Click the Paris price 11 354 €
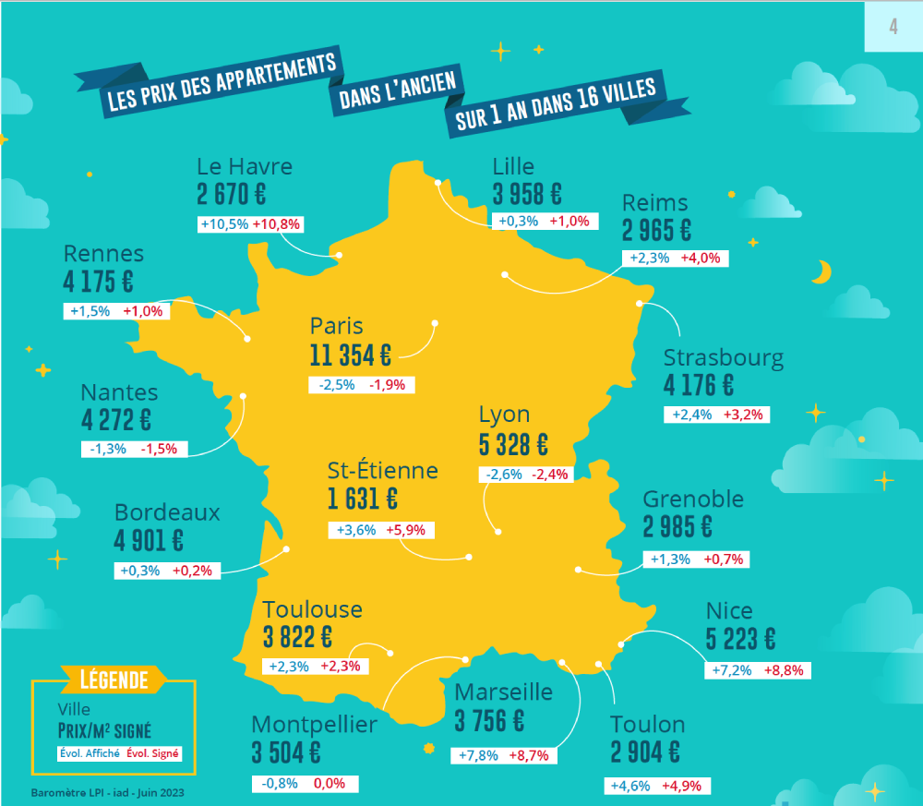pyautogui.click(x=351, y=355)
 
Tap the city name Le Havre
pyautogui.click(x=244, y=167)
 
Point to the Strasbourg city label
pyautogui.click(x=723, y=358)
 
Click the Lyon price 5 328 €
pyautogui.click(x=513, y=445)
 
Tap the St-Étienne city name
pyautogui.click(x=382, y=471)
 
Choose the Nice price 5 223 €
pyautogui.click(x=740, y=639)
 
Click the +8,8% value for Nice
pyautogui.click(x=785, y=670)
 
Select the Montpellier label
pyautogui.click(x=314, y=724)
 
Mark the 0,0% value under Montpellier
pyautogui.click(x=329, y=784)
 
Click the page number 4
pyautogui.click(x=893, y=27)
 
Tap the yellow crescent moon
pyautogui.click(x=821, y=271)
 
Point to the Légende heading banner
pyautogui.click(x=114, y=680)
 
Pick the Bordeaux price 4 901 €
pyautogui.click(x=149, y=540)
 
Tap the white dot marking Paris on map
pyautogui.click(x=435, y=324)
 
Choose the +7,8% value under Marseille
pyautogui.click(x=478, y=755)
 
